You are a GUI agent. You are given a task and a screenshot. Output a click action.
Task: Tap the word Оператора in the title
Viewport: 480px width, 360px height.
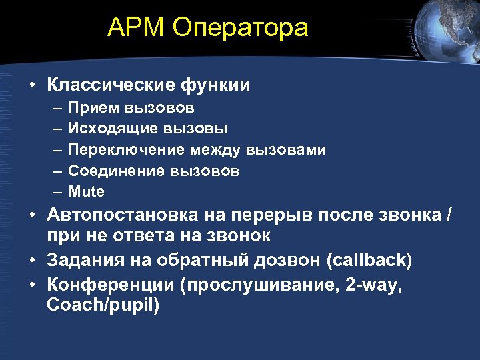point(241,27)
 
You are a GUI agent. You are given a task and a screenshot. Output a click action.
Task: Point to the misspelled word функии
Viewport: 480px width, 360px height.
point(217,85)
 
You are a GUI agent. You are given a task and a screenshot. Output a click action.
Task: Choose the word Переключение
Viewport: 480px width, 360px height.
point(126,149)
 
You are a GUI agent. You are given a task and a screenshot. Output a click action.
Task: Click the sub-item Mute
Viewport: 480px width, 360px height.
point(87,191)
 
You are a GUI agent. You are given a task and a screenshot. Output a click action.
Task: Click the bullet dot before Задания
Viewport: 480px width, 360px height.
point(31,260)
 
